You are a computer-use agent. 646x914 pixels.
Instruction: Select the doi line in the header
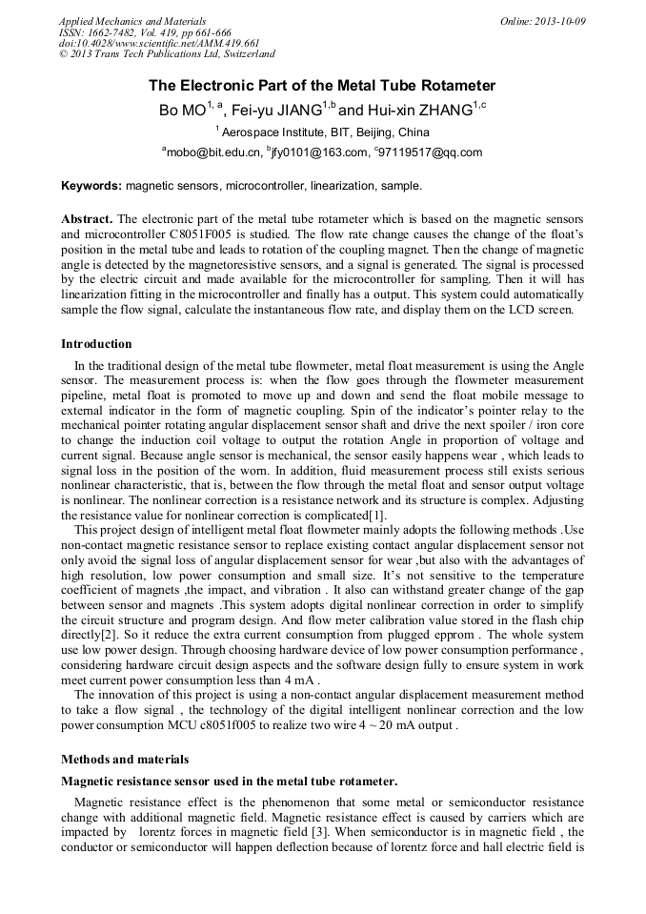(x=159, y=43)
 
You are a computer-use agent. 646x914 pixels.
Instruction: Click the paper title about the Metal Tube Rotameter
(x=322, y=86)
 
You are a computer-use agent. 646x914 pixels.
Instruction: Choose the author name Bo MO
(x=182, y=111)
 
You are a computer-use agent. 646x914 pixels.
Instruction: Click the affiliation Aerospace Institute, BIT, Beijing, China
(x=325, y=132)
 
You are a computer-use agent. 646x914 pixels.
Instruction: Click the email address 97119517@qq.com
(x=430, y=152)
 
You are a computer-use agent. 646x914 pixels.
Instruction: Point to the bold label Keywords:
(x=91, y=185)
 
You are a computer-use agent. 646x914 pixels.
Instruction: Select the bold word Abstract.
(x=87, y=218)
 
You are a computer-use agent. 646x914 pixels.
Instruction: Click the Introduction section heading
(x=96, y=344)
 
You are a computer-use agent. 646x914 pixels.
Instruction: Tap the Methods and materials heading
(x=125, y=760)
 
